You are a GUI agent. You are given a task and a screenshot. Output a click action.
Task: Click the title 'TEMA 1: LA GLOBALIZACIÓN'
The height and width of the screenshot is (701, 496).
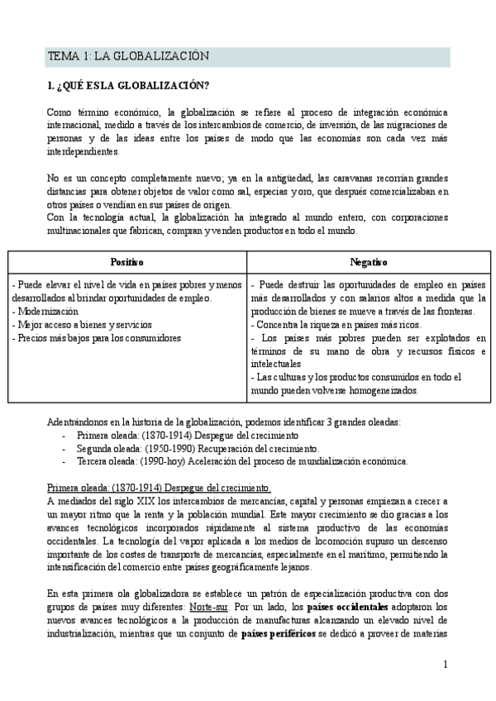pos(128,56)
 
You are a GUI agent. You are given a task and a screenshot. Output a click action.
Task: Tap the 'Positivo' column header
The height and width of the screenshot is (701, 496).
pos(127,262)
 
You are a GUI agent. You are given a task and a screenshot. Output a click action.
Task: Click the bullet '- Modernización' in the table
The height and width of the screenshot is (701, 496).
pos(46,311)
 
